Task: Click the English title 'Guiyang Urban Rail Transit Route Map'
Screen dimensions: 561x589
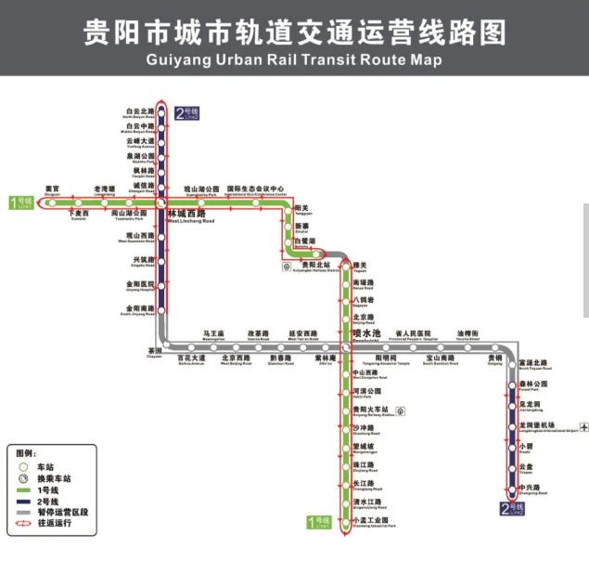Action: point(294,59)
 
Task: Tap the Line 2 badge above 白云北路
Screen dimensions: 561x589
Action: point(186,114)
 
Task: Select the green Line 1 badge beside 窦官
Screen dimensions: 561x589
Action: point(21,202)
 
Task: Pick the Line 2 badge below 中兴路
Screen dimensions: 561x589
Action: point(512,508)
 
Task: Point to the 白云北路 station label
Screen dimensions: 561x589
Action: point(139,112)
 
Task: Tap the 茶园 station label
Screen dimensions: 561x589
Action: point(155,351)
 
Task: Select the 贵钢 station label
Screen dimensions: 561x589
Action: point(493,357)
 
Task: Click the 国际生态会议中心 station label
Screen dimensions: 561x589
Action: point(253,189)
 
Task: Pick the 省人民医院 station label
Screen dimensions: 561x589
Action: point(414,333)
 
